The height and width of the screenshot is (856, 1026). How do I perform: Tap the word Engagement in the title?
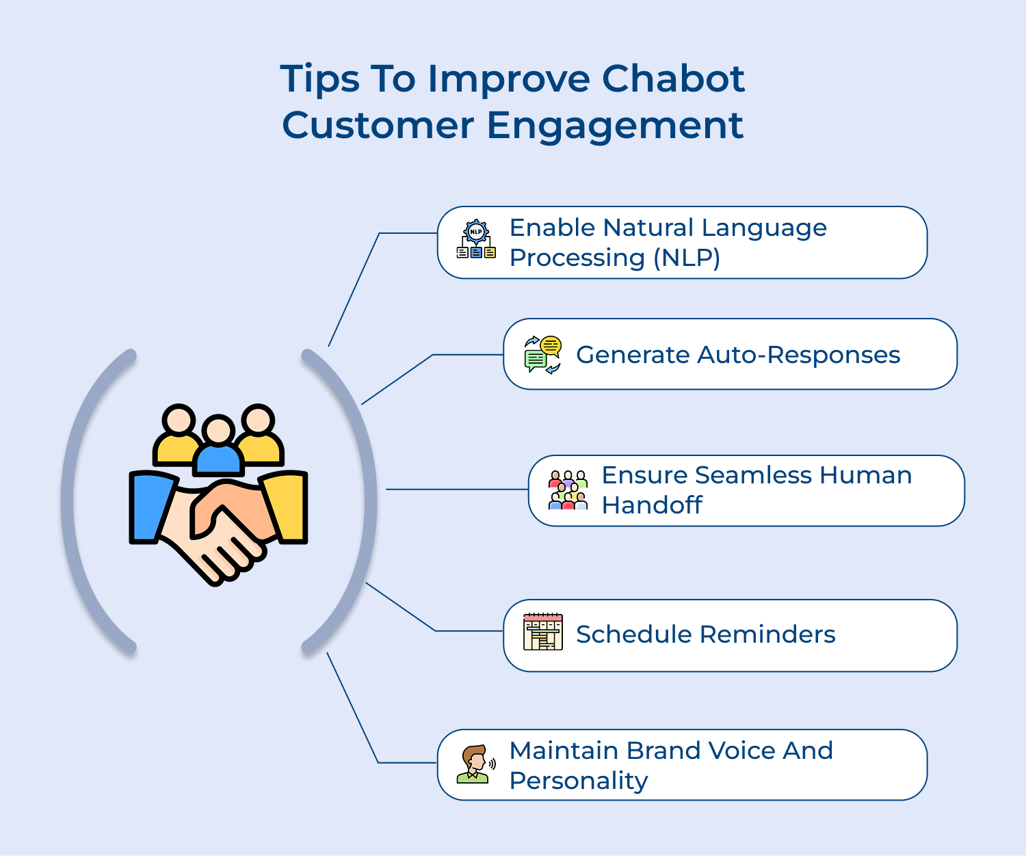tap(615, 126)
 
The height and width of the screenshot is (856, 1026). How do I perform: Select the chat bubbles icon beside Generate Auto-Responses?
tap(542, 354)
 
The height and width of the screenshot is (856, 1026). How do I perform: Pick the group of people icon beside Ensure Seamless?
tap(568, 490)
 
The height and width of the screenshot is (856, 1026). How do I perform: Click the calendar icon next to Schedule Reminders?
tap(542, 632)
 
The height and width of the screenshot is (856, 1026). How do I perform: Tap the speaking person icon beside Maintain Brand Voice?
tap(475, 764)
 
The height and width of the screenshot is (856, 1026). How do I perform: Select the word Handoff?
tap(651, 505)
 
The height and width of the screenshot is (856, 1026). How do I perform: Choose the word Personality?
tap(579, 781)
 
